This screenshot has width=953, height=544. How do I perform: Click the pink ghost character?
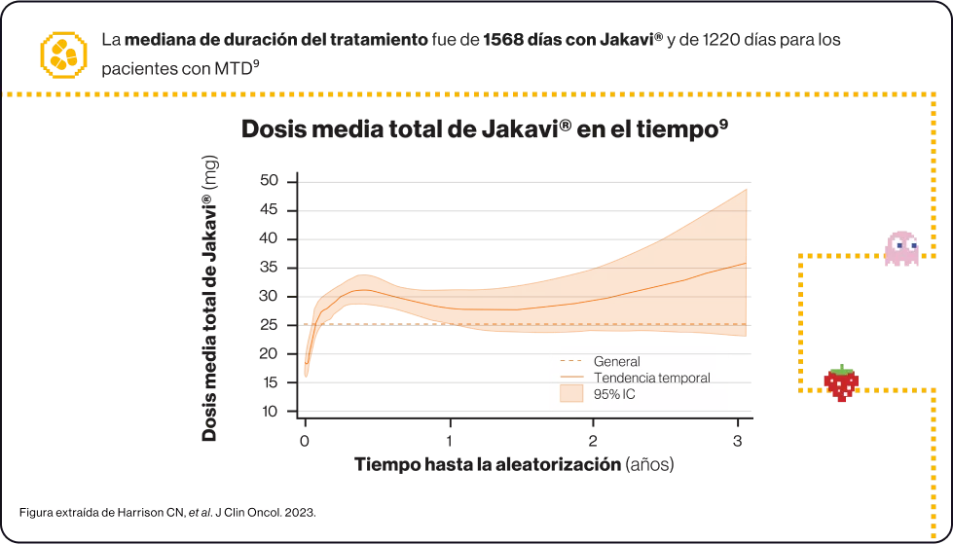900,248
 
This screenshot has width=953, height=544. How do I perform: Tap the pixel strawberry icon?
841,382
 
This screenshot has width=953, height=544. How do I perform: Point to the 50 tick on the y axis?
269,181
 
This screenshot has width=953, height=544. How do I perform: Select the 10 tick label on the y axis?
269,412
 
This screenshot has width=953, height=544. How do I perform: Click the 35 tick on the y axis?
269,268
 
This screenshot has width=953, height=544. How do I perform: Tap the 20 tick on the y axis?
269,354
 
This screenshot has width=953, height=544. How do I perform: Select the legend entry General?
616,362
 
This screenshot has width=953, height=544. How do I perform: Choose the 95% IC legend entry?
614,394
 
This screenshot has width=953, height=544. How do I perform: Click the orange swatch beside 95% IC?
570,394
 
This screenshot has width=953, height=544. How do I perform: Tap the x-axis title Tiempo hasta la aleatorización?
514,463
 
